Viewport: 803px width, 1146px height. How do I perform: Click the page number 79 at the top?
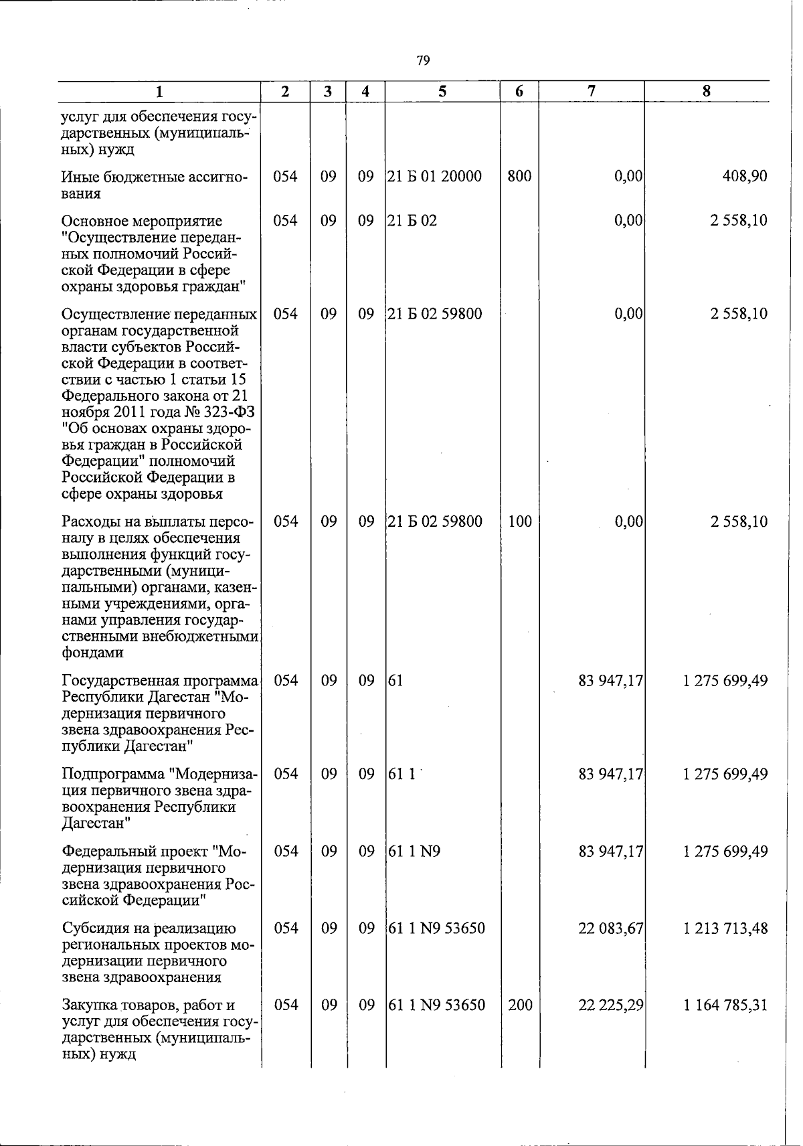422,61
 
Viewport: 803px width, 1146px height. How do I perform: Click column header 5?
442,92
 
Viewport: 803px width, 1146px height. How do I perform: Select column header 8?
707,92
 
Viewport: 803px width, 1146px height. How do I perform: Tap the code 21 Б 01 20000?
435,177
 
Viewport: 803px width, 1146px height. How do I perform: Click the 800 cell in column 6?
519,177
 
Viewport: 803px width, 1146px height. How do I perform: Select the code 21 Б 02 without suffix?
412,220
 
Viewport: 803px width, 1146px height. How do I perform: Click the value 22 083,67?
610,928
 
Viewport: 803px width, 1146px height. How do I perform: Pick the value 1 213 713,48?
725,928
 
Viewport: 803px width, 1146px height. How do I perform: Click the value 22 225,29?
610,1005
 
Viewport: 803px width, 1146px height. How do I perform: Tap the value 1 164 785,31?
725,1005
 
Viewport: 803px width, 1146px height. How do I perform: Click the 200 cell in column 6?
519,1005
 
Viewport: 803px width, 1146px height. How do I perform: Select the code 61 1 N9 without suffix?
414,851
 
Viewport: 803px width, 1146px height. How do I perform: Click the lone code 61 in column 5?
395,681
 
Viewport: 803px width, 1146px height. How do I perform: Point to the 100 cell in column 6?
519,521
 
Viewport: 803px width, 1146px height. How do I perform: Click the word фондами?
92,653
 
